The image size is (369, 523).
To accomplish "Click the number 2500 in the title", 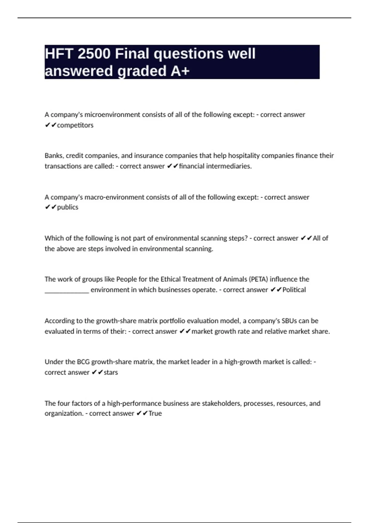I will pyautogui.click(x=94, y=54).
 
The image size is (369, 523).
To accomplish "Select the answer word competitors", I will pyautogui.click(x=75, y=125).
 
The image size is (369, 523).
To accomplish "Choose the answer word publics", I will pyautogui.click(x=68, y=207).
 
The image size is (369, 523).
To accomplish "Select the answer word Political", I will pyautogui.click(x=294, y=290).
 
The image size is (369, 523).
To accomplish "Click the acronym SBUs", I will pyautogui.click(x=289, y=321).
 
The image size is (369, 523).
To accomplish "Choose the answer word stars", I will pyautogui.click(x=111, y=372).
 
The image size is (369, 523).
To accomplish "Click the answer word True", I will pyautogui.click(x=155, y=413).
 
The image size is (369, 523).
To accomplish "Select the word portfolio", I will pyautogui.click(x=171, y=321).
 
